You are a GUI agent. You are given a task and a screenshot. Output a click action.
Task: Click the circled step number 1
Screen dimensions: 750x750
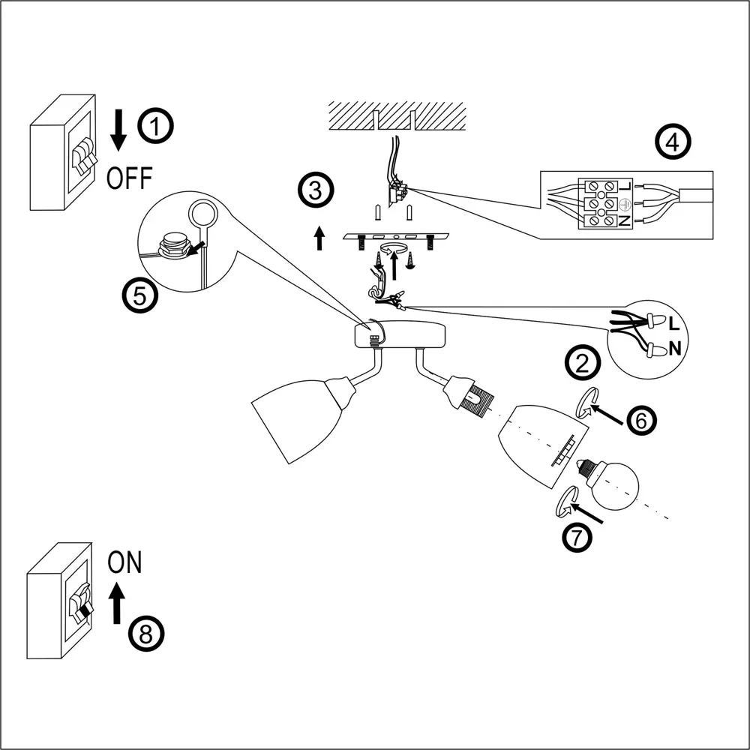click(x=156, y=127)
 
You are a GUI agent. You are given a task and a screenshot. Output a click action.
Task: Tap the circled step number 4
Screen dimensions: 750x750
click(x=672, y=142)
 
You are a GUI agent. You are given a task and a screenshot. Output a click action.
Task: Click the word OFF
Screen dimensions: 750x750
click(x=129, y=178)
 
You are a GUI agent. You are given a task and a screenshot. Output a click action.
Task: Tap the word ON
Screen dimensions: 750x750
click(x=124, y=562)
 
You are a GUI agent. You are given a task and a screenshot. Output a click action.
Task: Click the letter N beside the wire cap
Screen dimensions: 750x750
click(x=674, y=348)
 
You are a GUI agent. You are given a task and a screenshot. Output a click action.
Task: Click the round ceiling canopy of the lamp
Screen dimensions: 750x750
click(x=401, y=335)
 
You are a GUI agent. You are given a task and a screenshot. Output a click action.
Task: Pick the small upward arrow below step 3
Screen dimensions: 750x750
click(x=319, y=237)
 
